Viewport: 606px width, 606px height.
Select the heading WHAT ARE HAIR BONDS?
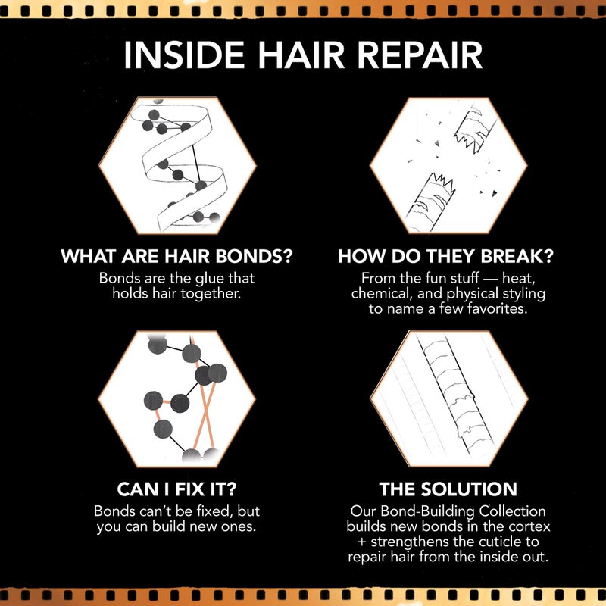[x=176, y=256]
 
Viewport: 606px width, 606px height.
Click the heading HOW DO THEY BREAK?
[x=446, y=256]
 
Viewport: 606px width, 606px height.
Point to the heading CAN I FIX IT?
[x=176, y=488]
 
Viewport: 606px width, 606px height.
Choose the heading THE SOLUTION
[x=447, y=488]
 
